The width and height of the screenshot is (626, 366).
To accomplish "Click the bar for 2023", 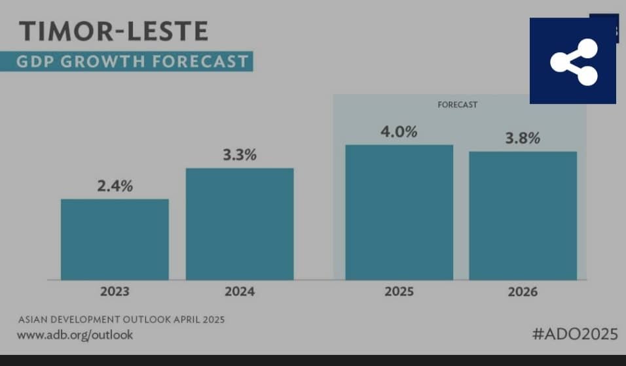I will click(115, 239).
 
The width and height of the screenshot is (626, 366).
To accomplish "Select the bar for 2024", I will click(240, 224).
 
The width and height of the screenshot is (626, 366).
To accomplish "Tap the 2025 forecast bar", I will click(399, 212).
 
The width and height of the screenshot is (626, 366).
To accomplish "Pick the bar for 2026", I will click(523, 216).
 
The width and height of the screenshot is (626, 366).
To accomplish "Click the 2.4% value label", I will click(115, 186).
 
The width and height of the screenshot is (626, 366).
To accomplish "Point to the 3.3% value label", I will click(240, 156).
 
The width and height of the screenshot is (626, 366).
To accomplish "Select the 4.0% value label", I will click(399, 131).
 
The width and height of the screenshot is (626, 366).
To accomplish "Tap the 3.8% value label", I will click(522, 139).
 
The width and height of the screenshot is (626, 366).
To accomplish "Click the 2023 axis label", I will click(115, 291).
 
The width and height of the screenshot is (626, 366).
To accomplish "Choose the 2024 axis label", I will click(240, 291).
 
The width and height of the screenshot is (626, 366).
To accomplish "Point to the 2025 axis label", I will click(399, 291).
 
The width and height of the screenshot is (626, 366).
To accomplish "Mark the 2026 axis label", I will click(522, 291).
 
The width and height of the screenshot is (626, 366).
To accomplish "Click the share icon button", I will click(573, 61).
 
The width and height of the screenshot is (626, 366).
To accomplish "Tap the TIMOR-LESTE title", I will click(113, 31).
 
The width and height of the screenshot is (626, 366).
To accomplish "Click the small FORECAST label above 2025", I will click(458, 105).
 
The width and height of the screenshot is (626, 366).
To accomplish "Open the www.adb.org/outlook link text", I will click(75, 335).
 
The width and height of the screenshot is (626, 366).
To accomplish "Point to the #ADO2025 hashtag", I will click(575, 334).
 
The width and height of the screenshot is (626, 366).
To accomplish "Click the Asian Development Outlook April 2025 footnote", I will click(122, 320).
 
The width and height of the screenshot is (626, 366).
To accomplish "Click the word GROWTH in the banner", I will click(105, 61).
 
